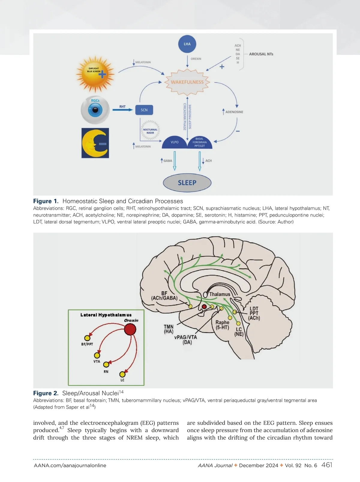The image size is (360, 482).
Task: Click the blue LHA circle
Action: pos(187,44)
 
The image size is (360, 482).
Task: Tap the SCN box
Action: pos(144,110)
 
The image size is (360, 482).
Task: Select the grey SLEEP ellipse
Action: pos(187,182)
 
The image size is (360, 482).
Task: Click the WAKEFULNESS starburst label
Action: pos(187,82)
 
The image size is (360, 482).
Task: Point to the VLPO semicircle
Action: pos(174,143)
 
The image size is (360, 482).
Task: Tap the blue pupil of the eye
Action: pos(95,110)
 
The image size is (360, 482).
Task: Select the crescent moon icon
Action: pos(95,143)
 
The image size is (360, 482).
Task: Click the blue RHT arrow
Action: pos(122,110)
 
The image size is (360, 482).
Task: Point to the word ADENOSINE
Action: pos(234,112)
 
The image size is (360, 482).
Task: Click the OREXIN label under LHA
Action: pos(196,59)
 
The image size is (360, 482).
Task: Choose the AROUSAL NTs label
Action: pos(261,54)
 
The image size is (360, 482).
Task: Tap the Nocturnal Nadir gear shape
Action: pos(150,131)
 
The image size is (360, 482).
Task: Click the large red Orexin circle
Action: pos(130,330)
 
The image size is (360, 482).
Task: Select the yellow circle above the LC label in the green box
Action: pos(122,374)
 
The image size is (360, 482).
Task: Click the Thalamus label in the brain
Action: pos(220,294)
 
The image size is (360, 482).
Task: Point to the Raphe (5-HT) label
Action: pos(222,325)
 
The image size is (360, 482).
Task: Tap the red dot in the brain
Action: pos(204,307)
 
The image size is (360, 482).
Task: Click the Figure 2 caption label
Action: pos(46,393)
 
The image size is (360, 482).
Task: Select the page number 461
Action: pos(327,465)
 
